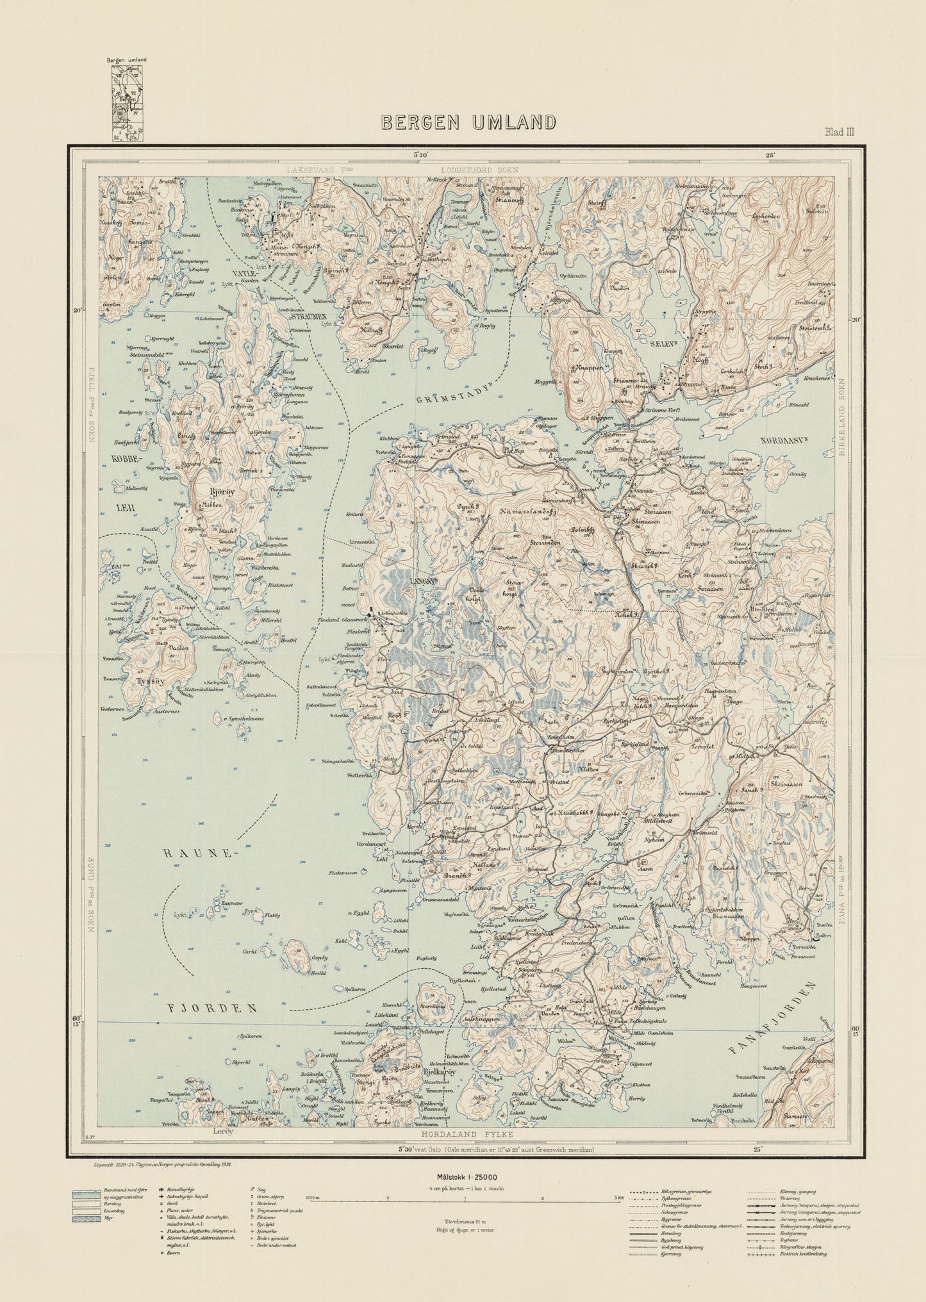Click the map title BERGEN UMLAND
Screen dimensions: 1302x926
pos(468,122)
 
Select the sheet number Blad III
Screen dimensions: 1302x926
pos(839,132)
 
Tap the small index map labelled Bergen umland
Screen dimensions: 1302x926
pos(127,103)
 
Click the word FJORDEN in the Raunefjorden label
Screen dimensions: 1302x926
pos(212,1008)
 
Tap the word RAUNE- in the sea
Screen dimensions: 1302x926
pos(190,854)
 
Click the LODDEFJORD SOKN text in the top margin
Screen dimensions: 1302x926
pos(479,170)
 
